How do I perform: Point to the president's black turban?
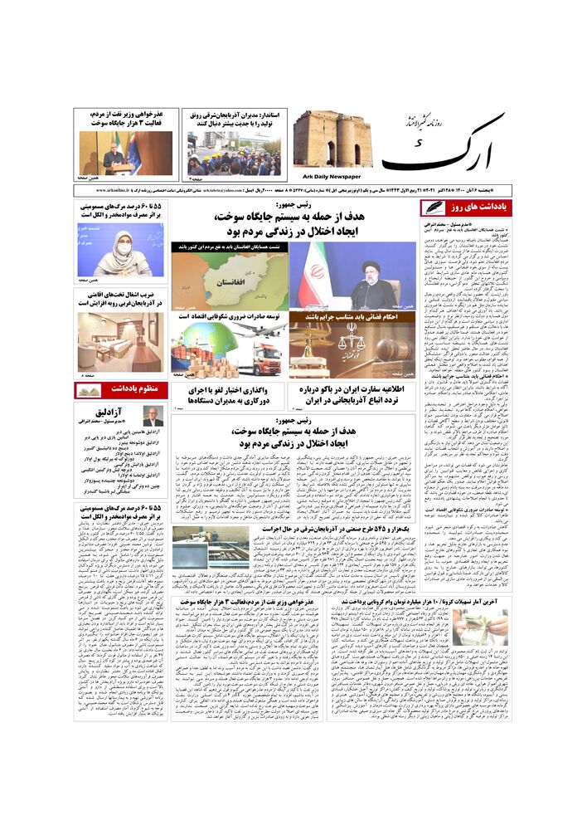click(373, 267)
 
